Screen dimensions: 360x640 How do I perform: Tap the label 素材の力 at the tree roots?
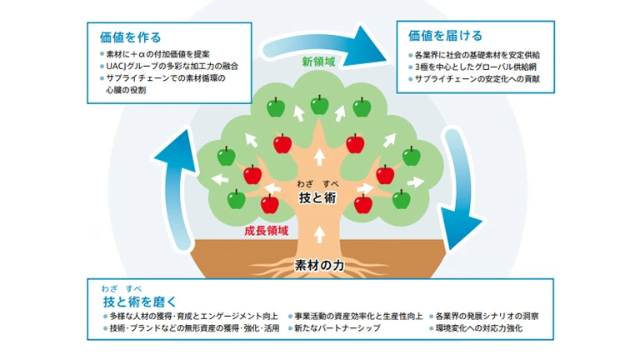pos(321,266)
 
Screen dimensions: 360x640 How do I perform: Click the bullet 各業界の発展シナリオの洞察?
pos(487,317)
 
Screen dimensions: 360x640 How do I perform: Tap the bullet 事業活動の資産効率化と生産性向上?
pos(356,317)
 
